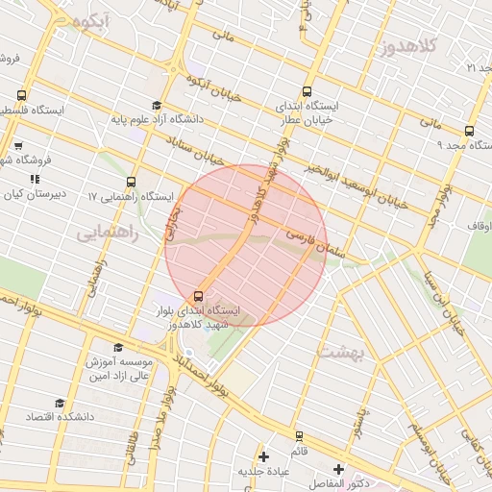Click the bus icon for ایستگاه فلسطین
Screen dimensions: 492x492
tap(22, 95)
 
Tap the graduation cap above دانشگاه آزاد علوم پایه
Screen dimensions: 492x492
tap(157, 106)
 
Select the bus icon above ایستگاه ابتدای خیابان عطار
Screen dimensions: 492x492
tap(307, 91)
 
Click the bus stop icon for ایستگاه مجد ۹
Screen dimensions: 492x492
tap(469, 131)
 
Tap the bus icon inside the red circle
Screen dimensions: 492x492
tap(199, 296)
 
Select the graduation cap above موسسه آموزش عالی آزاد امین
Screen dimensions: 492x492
tap(118, 347)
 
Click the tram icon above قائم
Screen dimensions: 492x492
tap(299, 435)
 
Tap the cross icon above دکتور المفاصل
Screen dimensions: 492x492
tap(338, 468)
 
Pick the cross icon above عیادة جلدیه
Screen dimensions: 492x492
tap(264, 455)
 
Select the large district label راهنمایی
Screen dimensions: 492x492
tap(108, 233)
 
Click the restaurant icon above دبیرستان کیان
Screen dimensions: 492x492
tap(35, 178)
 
